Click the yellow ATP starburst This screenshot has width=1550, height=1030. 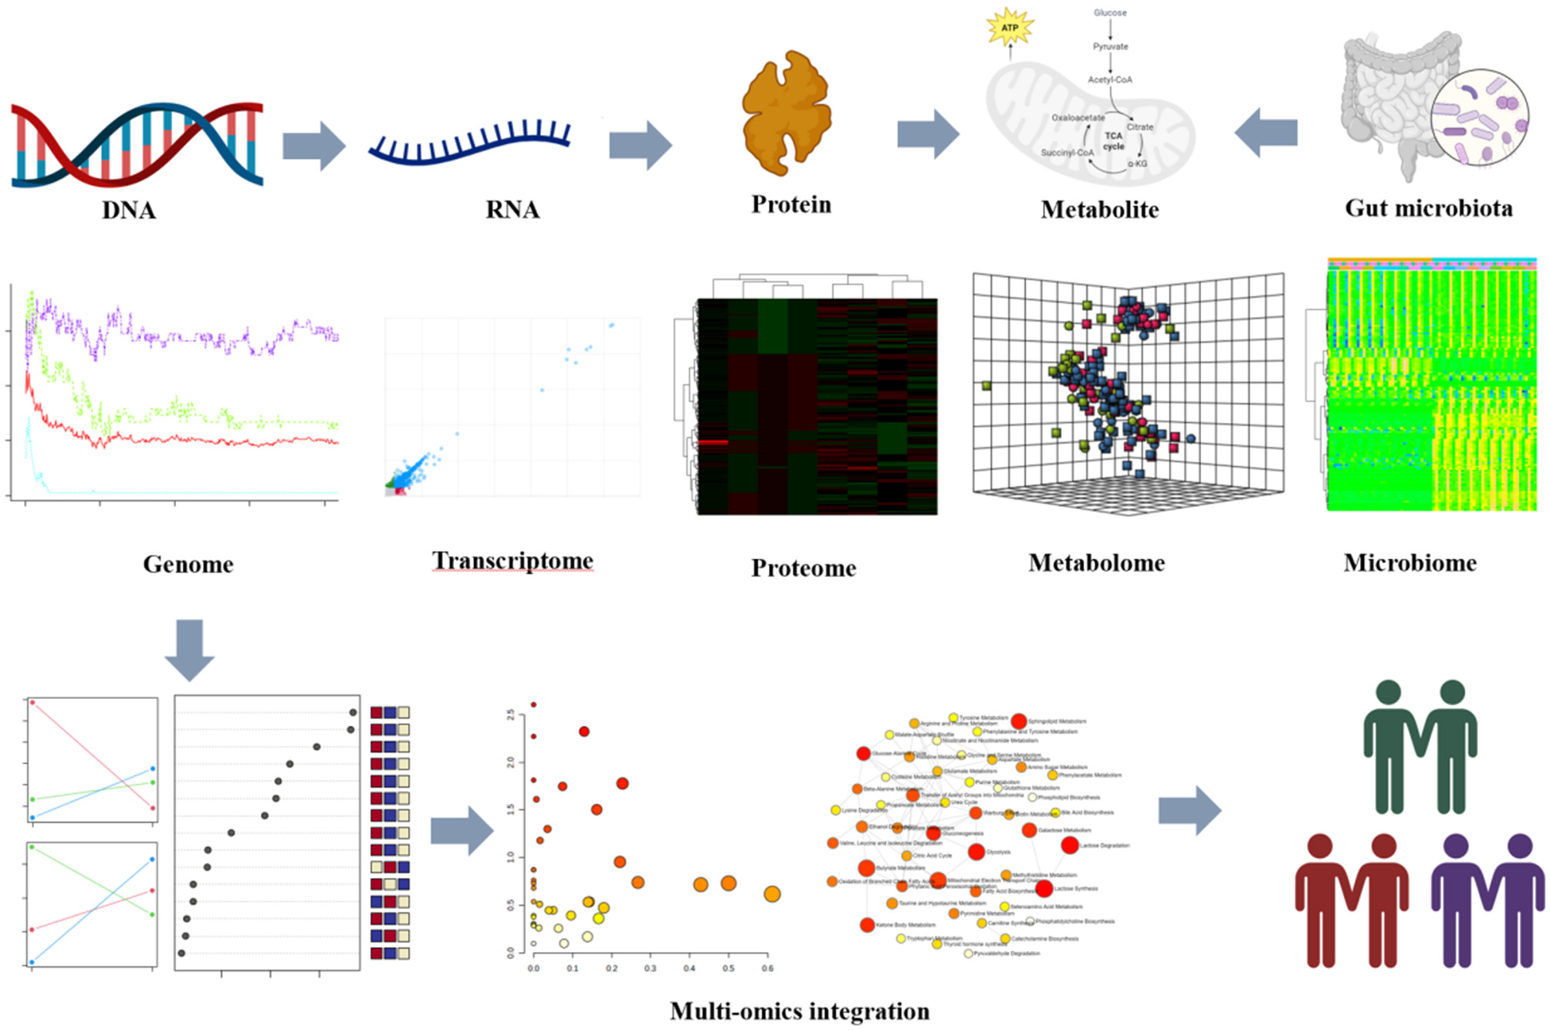[x=1010, y=28]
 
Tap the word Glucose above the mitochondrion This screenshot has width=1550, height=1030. [x=1110, y=13]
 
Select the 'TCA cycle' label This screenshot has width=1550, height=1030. [x=1113, y=140]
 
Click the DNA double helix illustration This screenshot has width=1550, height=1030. [x=137, y=144]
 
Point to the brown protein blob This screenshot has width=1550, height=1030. [x=787, y=113]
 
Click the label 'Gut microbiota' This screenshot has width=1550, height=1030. [x=1428, y=208]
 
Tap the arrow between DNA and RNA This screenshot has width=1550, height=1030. [x=313, y=146]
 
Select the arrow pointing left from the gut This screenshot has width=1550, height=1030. [x=1266, y=133]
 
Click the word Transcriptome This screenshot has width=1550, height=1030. [x=513, y=561]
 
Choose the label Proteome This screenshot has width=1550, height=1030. [x=804, y=568]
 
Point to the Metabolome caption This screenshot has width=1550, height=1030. [x=1096, y=563]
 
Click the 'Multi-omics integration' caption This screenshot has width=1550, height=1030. [x=800, y=1011]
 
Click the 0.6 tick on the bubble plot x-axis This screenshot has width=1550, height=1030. [x=767, y=968]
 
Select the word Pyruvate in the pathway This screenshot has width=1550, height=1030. [x=1110, y=46]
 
